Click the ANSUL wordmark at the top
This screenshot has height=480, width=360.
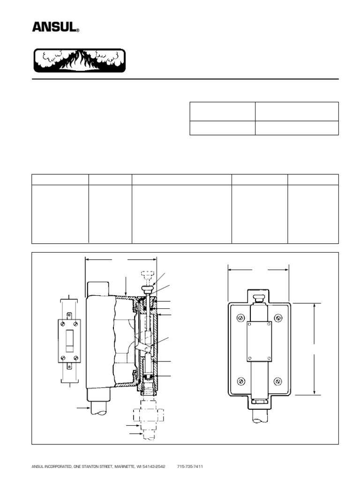54,27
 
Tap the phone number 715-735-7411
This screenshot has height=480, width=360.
189,467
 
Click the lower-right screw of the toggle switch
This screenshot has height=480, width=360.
76,358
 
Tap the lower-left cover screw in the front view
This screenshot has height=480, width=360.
241,381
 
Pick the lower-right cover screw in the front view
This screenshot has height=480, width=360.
278,381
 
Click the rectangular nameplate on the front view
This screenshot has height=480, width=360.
259,342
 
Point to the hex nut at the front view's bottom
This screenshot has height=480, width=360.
259,402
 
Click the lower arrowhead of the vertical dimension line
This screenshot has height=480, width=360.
315,392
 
